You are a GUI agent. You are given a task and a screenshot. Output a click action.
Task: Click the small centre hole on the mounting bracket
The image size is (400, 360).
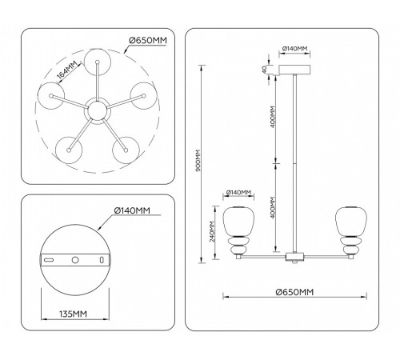tap(76, 260)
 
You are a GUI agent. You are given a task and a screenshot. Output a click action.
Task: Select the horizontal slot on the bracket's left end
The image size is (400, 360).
tap(50, 260)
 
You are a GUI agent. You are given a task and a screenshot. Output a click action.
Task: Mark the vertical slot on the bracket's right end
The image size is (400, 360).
tap(102, 260)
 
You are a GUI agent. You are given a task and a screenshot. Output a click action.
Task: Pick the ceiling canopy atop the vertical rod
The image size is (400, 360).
tap(294, 70)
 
